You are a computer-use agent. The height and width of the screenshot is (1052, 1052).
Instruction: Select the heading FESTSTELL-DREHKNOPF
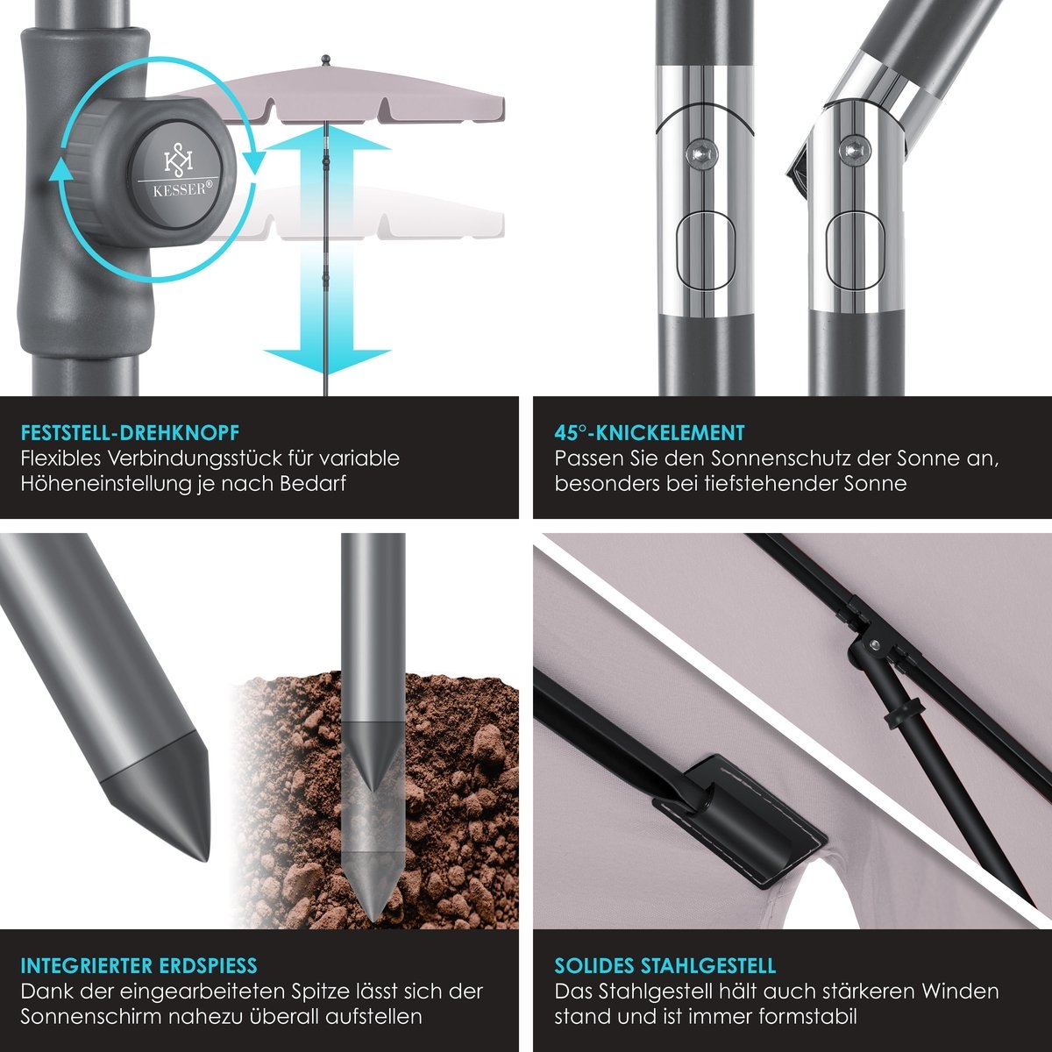click(x=130, y=433)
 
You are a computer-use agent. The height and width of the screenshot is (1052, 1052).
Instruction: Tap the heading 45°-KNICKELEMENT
click(x=649, y=433)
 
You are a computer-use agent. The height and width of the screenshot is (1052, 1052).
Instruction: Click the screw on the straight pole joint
click(x=701, y=153)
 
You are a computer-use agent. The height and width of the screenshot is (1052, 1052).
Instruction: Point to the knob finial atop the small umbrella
click(x=326, y=59)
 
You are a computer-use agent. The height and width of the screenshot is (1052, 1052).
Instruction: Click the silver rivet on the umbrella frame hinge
click(x=875, y=645)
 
